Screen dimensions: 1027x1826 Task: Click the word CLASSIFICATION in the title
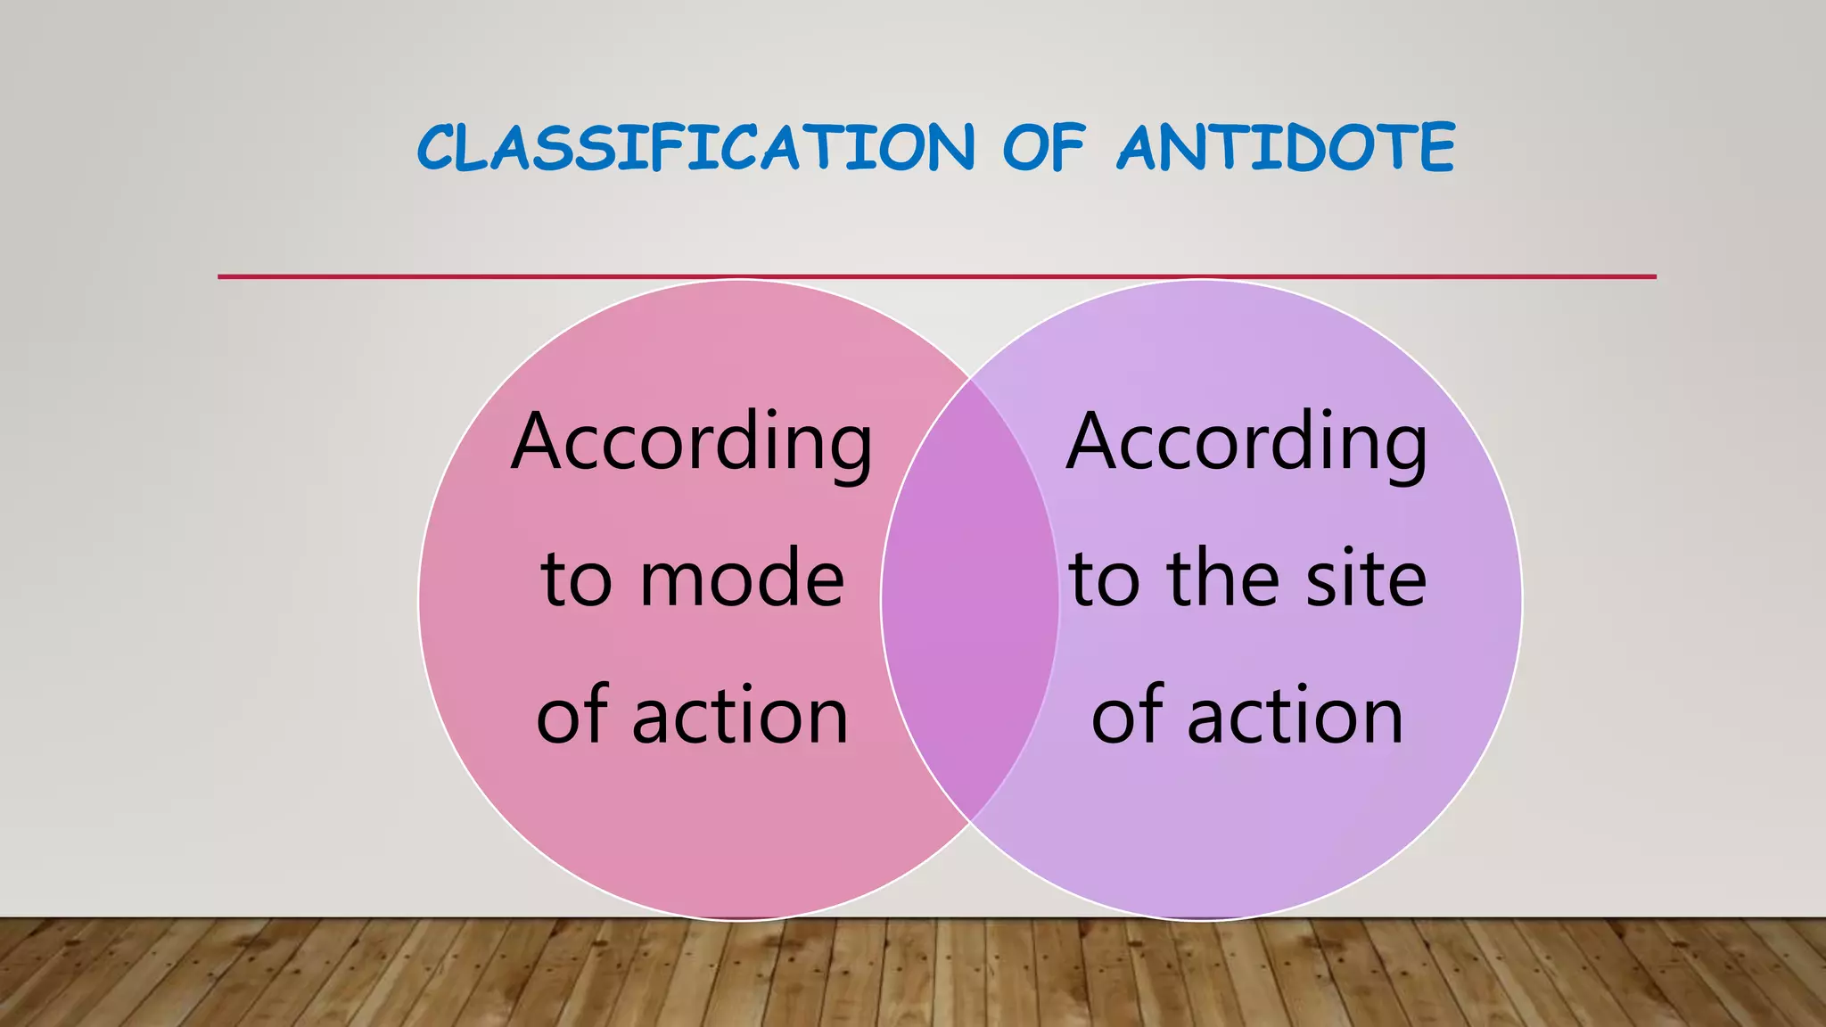[695, 148]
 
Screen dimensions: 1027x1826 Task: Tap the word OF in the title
[1044, 148]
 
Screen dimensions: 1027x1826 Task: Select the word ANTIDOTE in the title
[1286, 148]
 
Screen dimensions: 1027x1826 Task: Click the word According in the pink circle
[692, 443]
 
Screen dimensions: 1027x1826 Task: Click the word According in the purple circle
[1246, 443]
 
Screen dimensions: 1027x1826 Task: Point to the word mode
[742, 580]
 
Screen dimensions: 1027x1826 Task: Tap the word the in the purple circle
[1223, 580]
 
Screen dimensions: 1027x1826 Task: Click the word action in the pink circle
[740, 717]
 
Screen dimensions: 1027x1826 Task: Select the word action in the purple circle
[1295, 717]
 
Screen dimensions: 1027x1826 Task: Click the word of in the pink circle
[572, 717]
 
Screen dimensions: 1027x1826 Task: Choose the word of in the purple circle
[1127, 717]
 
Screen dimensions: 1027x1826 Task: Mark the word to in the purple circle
[1104, 580]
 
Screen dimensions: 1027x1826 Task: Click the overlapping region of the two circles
[970, 599]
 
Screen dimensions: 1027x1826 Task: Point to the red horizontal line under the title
[936, 277]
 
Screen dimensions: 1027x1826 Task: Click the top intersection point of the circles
[970, 379]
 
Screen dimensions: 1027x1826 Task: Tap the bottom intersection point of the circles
[970, 820]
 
